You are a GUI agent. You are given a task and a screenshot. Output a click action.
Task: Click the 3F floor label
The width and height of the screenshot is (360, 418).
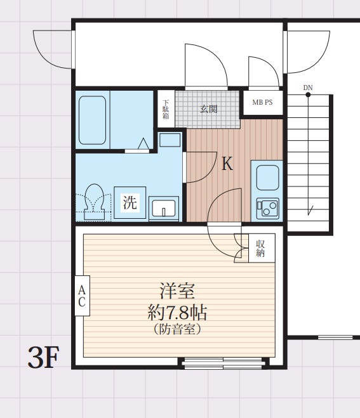(x=43, y=357)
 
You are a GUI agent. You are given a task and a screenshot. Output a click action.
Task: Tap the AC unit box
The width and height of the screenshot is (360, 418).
(x=82, y=296)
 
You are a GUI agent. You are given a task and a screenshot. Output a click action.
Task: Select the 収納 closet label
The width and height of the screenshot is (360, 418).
(x=260, y=248)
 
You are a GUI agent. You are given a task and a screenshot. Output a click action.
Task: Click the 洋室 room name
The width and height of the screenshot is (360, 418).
(x=178, y=291)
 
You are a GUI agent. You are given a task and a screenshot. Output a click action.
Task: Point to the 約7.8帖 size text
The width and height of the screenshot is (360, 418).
(x=178, y=312)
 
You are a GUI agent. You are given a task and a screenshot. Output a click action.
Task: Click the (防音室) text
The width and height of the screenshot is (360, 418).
(x=178, y=329)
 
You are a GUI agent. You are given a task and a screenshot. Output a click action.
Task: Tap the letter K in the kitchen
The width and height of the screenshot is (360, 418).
(x=227, y=164)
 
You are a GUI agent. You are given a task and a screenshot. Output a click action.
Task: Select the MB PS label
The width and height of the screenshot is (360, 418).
(x=263, y=102)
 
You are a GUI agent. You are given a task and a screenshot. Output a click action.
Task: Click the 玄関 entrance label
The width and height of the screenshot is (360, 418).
(x=209, y=108)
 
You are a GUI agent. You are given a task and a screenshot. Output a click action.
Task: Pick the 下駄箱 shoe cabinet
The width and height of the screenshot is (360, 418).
(x=166, y=109)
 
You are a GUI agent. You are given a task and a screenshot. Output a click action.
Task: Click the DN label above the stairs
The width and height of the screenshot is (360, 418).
(x=308, y=88)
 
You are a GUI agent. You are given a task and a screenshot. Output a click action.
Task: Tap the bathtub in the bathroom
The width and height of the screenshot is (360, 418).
(x=92, y=121)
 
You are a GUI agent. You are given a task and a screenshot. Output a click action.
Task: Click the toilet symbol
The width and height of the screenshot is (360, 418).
(x=94, y=202)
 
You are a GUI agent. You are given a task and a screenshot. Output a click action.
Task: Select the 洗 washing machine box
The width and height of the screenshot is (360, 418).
(x=130, y=203)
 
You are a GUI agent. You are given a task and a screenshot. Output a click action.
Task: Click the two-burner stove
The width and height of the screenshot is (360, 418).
(x=267, y=208)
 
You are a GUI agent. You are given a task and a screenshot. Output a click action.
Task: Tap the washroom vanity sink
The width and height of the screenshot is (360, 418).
(x=164, y=209)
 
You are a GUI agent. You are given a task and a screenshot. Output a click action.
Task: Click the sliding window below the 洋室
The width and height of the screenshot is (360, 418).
(x=223, y=363)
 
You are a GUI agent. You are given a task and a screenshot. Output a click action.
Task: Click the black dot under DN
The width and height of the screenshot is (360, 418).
(x=308, y=95)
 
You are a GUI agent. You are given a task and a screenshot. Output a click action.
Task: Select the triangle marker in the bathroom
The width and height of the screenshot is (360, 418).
(x=143, y=143)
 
